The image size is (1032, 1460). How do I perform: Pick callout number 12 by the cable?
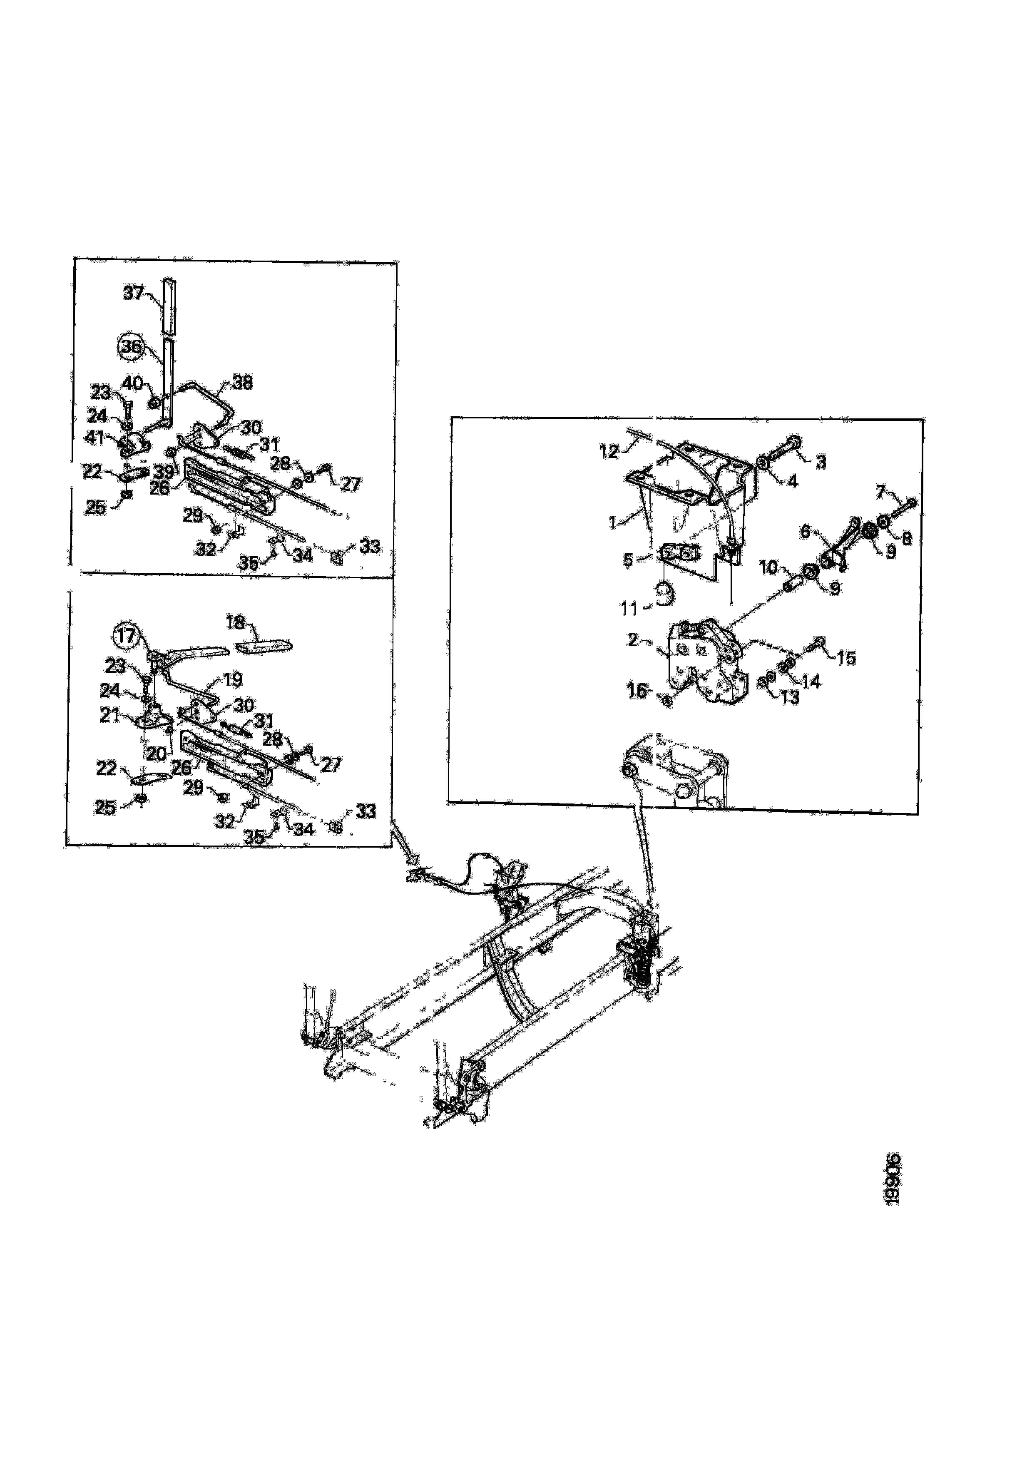point(609,452)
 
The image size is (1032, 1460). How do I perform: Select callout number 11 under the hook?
point(629,609)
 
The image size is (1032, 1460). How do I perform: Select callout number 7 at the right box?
point(880,492)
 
